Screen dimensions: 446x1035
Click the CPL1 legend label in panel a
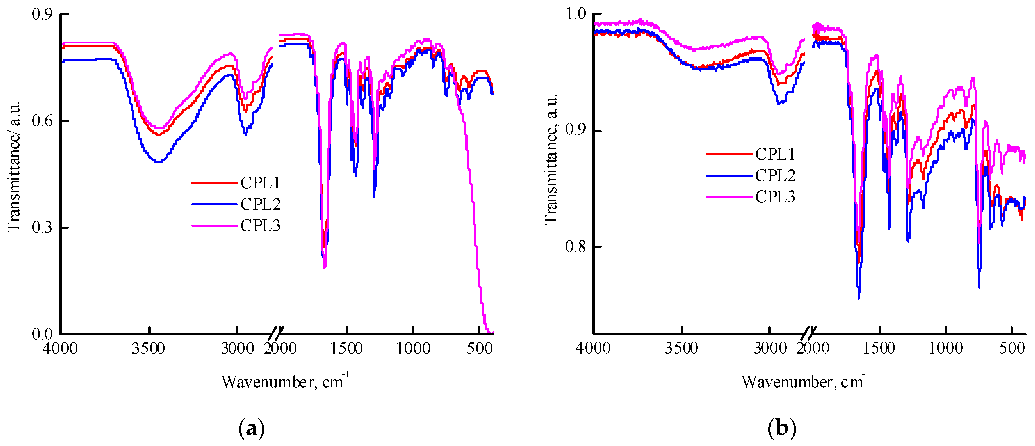[260, 183]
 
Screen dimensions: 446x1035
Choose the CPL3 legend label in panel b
[775, 197]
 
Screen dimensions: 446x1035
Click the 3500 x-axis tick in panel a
[148, 348]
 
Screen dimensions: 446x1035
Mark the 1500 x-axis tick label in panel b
[880, 348]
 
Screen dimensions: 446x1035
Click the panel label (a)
[252, 429]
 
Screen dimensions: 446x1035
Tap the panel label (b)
[781, 429]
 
